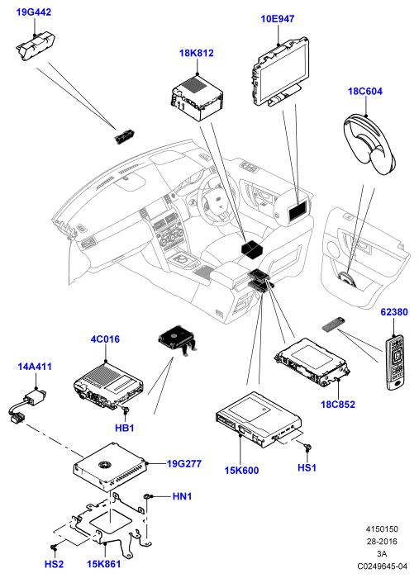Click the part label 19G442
tap(34, 12)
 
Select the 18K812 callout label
tap(196, 53)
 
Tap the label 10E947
tap(278, 19)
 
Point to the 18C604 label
tap(365, 92)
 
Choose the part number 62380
tap(394, 312)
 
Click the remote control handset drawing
tap(395, 362)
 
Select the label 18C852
tap(338, 405)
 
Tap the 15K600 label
tap(241, 471)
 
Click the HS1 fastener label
tap(307, 468)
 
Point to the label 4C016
tap(105, 339)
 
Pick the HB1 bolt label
tap(124, 428)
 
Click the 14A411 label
tap(35, 367)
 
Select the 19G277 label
tap(184, 464)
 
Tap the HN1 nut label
tap(182, 496)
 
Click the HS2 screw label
tap(54, 564)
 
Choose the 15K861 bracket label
tap(103, 564)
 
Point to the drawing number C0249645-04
tap(382, 566)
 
